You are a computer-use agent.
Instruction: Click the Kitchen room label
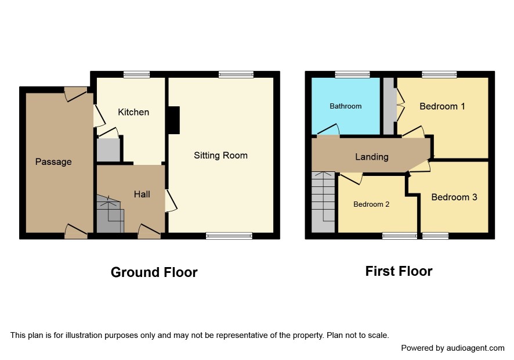pos(133,112)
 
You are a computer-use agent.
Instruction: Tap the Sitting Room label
pos(220,155)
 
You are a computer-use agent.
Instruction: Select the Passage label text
pos(53,162)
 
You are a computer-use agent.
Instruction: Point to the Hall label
pos(142,195)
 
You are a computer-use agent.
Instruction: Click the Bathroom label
pos(346,106)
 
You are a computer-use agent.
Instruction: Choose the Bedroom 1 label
pos(442,106)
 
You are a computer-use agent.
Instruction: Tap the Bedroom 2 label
pos(371,204)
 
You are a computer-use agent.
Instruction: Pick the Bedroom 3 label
pos(454,197)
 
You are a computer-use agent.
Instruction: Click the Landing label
pos(372,157)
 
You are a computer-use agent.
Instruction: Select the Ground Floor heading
pos(154,272)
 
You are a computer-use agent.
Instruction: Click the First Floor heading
pos(399,271)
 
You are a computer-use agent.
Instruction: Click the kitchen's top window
pos(137,74)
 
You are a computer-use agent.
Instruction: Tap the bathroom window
pos(352,74)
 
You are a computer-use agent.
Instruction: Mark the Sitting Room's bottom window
pos(229,236)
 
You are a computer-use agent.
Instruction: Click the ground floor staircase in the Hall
pos(110,214)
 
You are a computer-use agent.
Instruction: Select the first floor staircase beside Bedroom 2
pos(323,202)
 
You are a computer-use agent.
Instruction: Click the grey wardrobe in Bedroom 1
pos(389,106)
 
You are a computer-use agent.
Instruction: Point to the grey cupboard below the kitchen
pos(108,150)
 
